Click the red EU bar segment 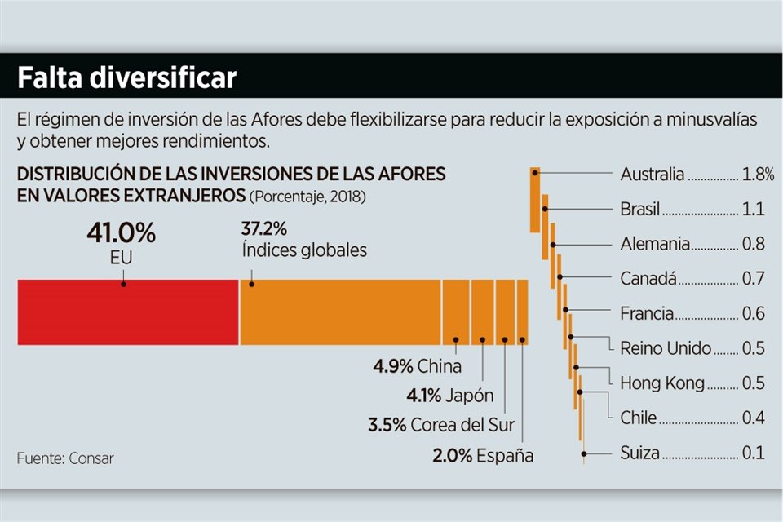coord(127,312)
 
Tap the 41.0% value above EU coord(121,232)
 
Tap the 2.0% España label coord(483,455)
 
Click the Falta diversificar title coord(127,77)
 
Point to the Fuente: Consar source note coord(65,458)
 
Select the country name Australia coord(652,175)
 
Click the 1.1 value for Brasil coord(753,210)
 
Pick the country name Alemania coord(655,244)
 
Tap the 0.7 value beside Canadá coord(753,279)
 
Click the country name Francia coord(647,314)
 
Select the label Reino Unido coord(666,348)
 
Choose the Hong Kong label coord(662,383)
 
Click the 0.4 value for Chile coord(753,418)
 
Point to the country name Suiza coord(639,453)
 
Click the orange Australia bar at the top coord(535,200)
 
